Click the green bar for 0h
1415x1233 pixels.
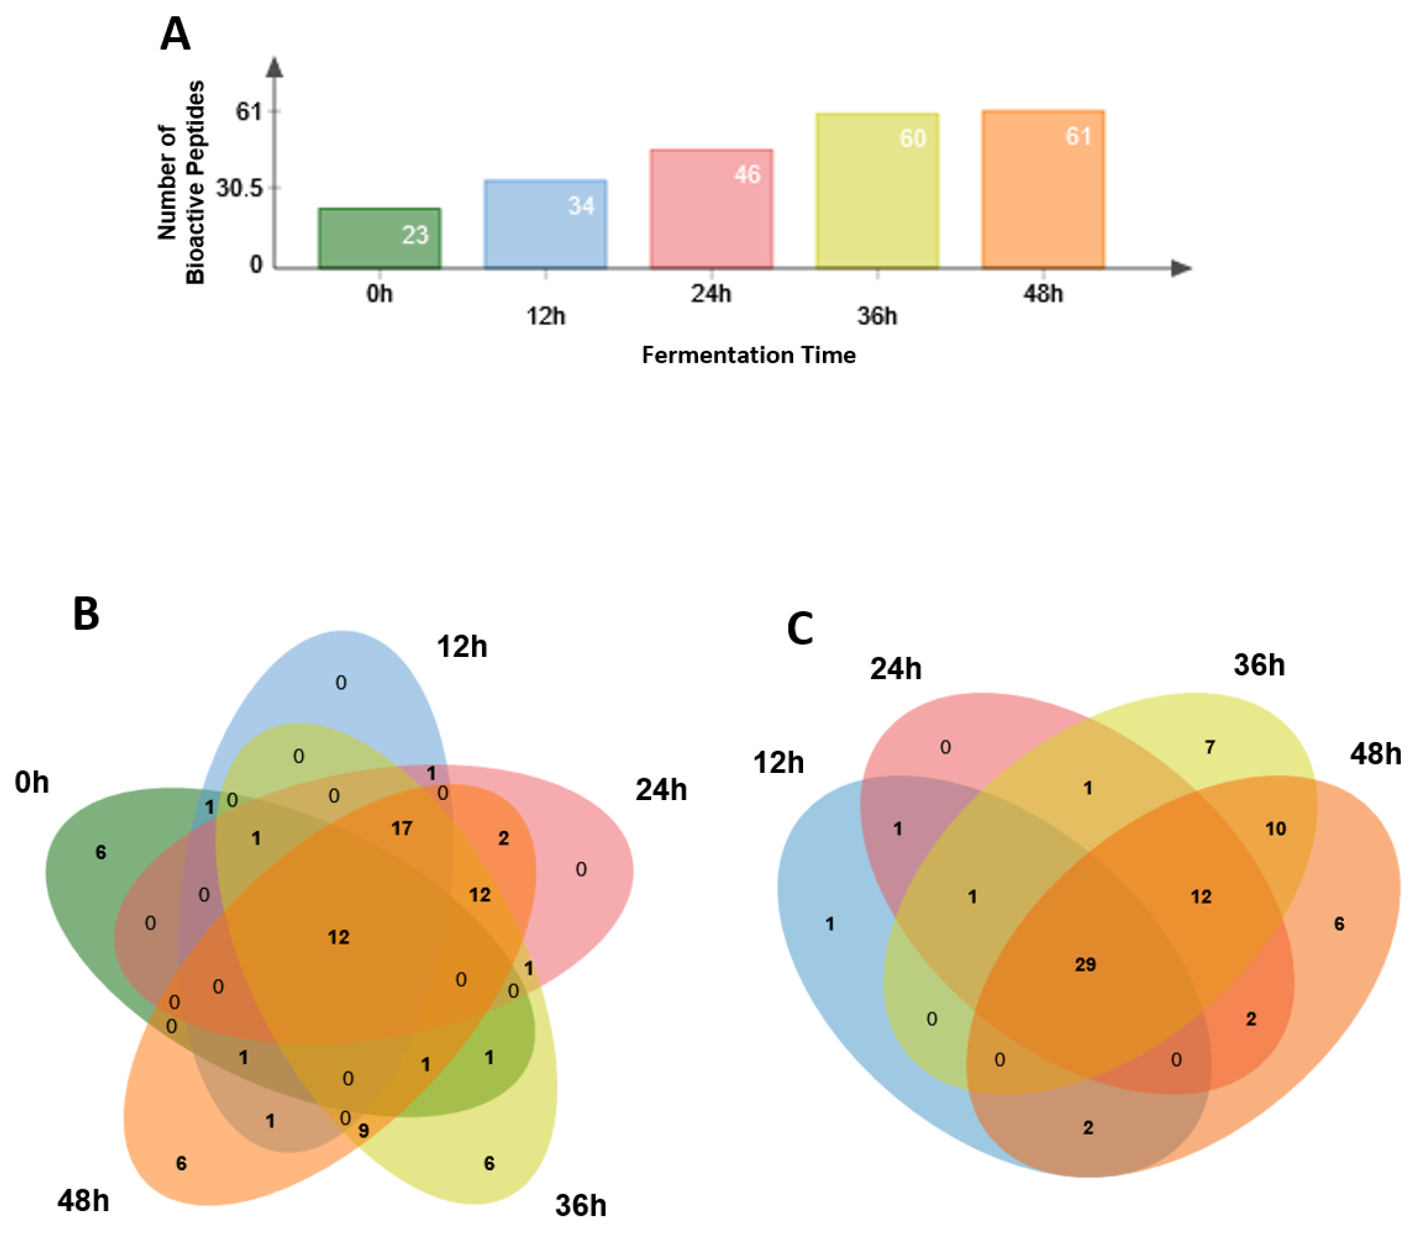(379, 238)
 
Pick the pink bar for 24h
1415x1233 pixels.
(711, 208)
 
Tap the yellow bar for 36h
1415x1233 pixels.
(877, 191)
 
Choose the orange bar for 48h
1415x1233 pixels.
(1043, 189)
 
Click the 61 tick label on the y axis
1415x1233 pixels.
(249, 111)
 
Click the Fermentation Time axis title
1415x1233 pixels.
(748, 355)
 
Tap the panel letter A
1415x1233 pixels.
(175, 34)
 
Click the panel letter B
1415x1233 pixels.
(86, 614)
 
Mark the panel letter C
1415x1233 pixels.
(800, 628)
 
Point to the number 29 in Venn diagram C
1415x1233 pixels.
(1085, 965)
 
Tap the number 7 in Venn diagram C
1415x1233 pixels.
(1210, 747)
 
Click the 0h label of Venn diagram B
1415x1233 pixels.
(32, 782)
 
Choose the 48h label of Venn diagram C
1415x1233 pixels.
(1375, 754)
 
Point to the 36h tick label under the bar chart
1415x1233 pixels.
(877, 316)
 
